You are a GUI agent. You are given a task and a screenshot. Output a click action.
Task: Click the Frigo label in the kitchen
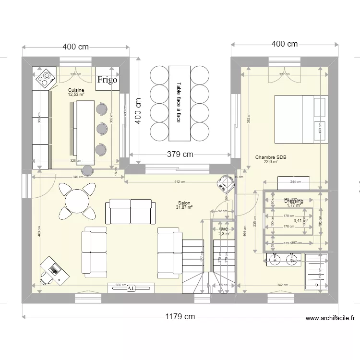107,80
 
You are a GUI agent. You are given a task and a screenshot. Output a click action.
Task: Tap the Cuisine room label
76,90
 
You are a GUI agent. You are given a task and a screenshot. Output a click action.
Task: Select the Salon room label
184,203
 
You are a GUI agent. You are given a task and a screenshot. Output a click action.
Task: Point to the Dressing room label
293,201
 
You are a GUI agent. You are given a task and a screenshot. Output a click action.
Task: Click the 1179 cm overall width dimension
180,316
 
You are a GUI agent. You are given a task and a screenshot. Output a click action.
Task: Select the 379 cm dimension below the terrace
180,155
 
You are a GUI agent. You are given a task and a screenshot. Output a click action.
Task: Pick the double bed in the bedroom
300,119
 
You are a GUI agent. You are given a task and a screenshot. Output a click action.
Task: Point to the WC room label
224,229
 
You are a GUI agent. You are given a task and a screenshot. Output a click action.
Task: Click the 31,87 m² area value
184,207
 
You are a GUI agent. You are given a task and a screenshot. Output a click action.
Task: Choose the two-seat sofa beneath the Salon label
131,212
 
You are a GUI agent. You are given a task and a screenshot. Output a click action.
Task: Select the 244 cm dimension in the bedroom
295,182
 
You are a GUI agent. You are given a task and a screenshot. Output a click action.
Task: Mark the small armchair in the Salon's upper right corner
224,182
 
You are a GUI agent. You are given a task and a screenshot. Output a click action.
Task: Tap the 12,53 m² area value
76,95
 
